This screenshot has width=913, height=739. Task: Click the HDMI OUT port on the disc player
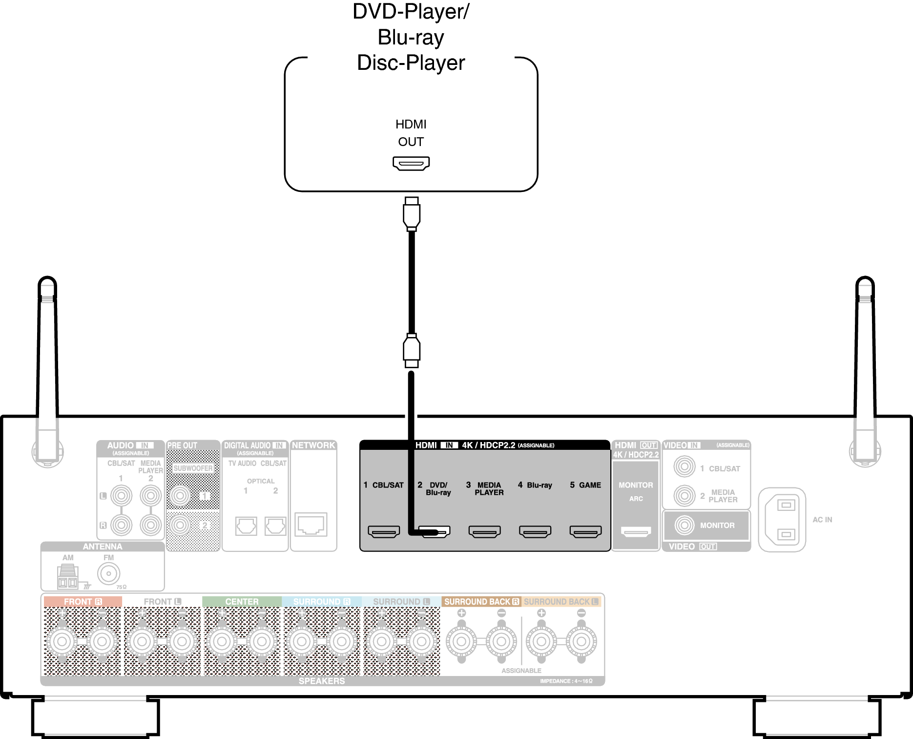click(x=411, y=163)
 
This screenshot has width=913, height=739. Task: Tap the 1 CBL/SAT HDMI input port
click(x=384, y=531)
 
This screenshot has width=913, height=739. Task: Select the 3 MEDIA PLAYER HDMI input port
click(x=484, y=531)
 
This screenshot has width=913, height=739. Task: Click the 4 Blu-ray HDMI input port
click(x=535, y=531)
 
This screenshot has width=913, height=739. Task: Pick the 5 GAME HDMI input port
click(x=585, y=531)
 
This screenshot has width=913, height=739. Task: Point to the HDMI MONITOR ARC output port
click(x=636, y=531)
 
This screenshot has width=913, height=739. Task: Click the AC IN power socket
click(x=782, y=520)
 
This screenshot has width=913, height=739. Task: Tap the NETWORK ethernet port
click(x=311, y=525)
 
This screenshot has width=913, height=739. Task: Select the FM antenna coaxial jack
click(x=108, y=573)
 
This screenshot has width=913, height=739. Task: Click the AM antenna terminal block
click(x=67, y=577)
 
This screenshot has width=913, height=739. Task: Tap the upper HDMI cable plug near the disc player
click(x=412, y=213)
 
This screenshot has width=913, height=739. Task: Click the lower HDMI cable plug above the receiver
click(x=412, y=350)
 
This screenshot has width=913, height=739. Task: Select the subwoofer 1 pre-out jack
click(x=180, y=496)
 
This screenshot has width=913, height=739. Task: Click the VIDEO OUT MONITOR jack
click(x=685, y=525)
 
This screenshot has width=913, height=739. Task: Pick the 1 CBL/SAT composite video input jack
click(x=685, y=467)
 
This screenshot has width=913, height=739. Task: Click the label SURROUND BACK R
click(x=481, y=602)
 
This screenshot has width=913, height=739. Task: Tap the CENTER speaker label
click(x=242, y=602)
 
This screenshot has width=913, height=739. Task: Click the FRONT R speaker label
click(x=83, y=602)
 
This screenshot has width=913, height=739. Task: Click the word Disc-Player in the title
click(x=411, y=63)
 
